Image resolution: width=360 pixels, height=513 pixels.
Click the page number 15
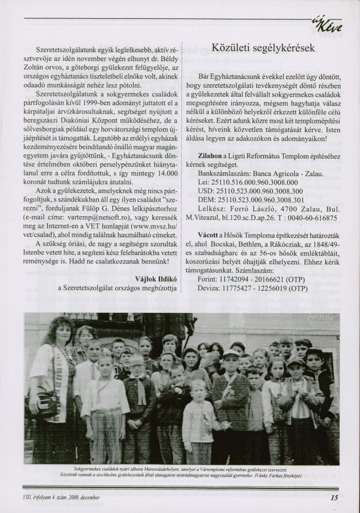pyautogui.click(x=334, y=497)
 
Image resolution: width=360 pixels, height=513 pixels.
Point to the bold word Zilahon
pyautogui.click(x=210, y=157)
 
